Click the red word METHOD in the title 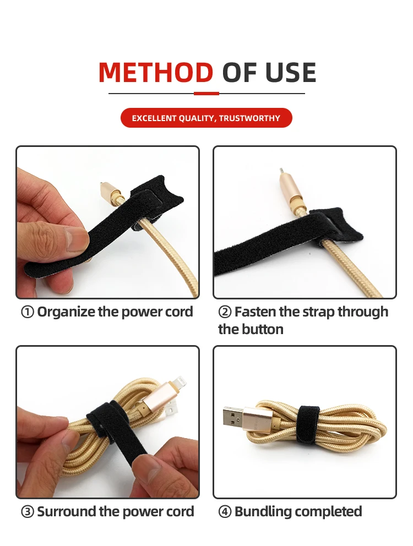click(156, 73)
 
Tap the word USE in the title click(291, 73)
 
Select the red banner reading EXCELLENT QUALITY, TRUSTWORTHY click(206, 118)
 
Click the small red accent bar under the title click(206, 94)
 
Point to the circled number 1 click(28, 312)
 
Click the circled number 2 click(225, 312)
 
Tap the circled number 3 click(28, 512)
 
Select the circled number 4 click(225, 512)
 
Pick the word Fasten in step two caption click(255, 312)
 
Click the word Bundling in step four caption click(260, 512)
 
